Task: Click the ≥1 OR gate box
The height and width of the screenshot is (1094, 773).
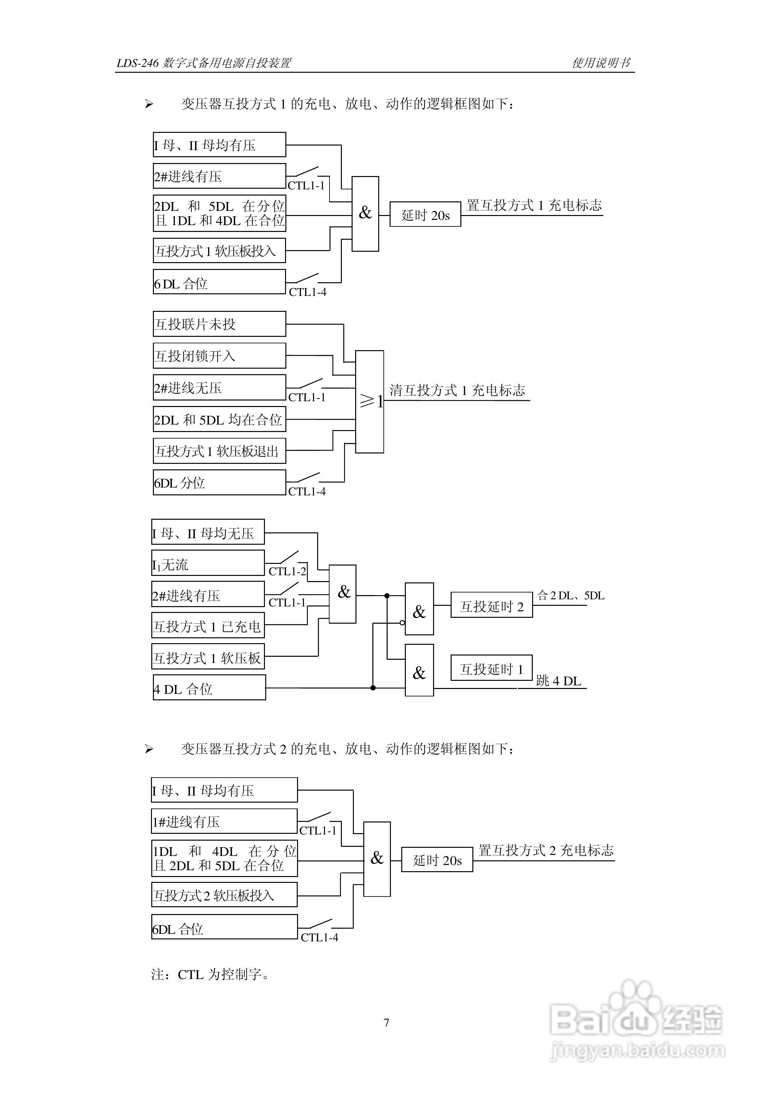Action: (369, 402)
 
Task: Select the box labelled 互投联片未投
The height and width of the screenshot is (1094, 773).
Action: (219, 324)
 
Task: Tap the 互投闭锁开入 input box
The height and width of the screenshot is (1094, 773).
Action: (219, 355)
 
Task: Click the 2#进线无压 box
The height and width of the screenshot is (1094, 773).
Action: (219, 388)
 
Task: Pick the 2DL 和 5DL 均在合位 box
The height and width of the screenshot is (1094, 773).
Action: (219, 419)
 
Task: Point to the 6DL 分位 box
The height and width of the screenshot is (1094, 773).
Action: (219, 482)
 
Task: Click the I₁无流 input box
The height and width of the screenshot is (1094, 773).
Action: (208, 564)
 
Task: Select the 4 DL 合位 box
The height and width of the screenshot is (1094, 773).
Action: (209, 688)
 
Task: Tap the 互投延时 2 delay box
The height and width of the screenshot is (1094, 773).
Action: (492, 605)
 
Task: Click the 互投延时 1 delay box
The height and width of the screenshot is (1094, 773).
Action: (492, 668)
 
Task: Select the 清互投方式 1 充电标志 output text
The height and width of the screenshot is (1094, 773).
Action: (457, 390)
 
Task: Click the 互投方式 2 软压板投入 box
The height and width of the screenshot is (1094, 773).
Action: (224, 895)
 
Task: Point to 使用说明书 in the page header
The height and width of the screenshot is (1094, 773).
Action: (602, 62)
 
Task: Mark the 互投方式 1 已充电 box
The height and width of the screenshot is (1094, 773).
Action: (208, 626)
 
